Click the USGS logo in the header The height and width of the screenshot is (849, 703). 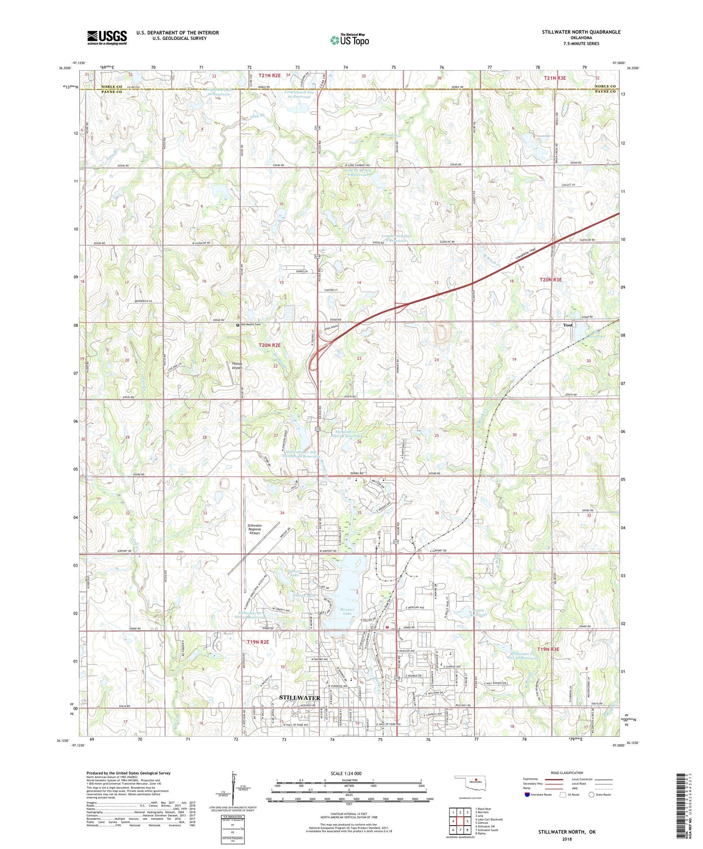pos(107,37)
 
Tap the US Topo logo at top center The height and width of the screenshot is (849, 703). pos(349,40)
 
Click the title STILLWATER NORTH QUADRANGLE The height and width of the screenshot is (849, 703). pos(581,32)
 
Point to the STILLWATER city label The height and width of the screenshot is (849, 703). pos(300,698)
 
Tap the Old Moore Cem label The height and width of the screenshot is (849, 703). pos(253,324)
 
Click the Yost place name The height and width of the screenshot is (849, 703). pos(568,325)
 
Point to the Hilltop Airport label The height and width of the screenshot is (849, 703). pos(237,366)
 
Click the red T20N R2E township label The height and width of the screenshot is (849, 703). pos(270,345)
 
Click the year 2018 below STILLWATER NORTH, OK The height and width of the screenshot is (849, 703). pos(567,839)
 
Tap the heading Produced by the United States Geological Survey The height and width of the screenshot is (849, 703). pos(128,773)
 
